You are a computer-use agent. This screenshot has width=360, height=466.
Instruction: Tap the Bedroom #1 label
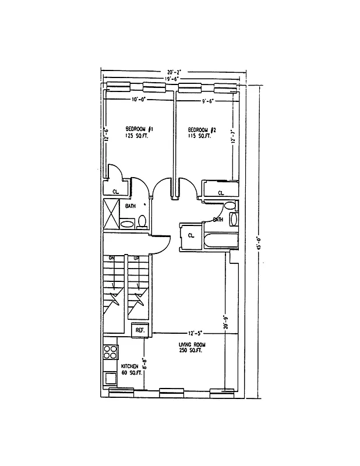click(x=139, y=129)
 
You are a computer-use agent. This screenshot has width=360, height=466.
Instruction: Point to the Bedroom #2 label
click(x=202, y=129)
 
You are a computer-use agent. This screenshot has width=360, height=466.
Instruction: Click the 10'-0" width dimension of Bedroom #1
click(x=137, y=100)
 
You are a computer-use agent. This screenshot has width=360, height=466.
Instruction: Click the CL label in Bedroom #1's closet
click(x=115, y=190)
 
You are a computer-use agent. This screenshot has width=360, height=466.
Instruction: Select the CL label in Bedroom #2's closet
click(x=221, y=193)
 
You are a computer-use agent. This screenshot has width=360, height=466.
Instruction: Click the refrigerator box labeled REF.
click(x=140, y=330)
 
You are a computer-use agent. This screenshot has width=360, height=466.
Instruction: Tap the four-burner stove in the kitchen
click(x=110, y=351)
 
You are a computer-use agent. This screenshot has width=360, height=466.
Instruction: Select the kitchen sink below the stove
click(x=110, y=377)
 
